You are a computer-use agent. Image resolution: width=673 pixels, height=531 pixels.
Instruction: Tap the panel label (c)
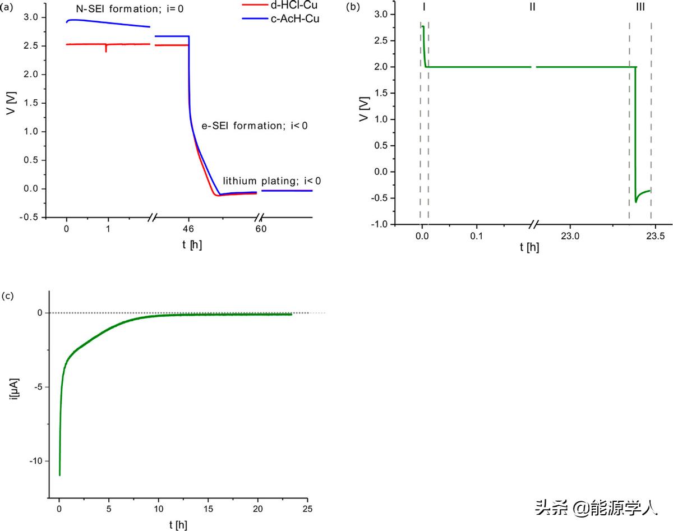(7, 295)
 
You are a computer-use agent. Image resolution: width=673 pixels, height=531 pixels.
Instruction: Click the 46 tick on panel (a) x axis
(188, 229)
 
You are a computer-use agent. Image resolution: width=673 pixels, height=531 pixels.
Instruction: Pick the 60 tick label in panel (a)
(261, 229)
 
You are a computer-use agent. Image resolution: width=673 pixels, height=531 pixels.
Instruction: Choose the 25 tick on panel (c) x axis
(307, 509)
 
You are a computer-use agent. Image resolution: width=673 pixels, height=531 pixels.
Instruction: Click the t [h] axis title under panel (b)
(529, 247)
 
